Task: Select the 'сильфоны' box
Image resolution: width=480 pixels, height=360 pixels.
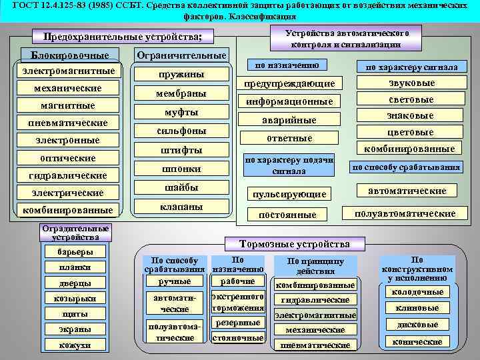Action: coord(181,131)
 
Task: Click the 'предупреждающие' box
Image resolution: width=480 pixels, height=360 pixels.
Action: coord(289,83)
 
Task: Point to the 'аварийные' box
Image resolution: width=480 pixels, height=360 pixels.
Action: coord(289,120)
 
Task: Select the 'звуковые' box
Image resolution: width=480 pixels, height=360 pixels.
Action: coord(411,83)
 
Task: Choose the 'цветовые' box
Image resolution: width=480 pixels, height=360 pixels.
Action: coord(411,132)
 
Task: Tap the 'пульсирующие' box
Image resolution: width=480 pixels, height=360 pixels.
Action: coord(289,195)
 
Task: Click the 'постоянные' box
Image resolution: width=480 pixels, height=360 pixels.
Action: coord(289,215)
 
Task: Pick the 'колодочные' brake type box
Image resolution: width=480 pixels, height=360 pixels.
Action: coord(417,292)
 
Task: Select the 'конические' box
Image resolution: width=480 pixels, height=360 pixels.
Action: coord(417,342)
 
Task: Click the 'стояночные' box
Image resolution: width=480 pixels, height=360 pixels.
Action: coord(237,338)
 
